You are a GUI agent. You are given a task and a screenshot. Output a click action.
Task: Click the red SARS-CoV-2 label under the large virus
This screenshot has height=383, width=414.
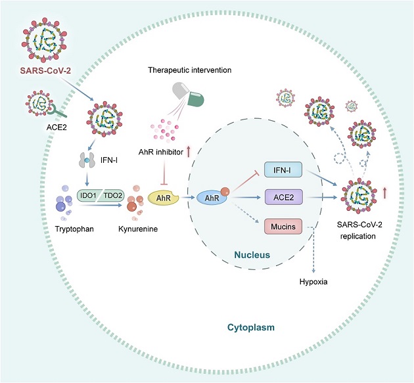point(45,70)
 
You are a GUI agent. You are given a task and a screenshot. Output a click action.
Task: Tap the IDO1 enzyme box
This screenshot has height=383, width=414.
point(88,196)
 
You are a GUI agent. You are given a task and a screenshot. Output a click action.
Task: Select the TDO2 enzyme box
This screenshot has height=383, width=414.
point(112,196)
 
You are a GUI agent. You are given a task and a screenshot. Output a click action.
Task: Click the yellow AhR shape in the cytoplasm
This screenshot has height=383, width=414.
point(163,198)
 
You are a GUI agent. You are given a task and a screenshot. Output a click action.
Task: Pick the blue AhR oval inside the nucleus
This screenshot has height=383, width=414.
point(212,198)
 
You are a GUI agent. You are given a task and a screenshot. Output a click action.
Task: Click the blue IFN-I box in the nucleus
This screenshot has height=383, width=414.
point(283,169)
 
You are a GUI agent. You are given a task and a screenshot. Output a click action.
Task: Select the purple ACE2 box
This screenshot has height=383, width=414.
point(284,197)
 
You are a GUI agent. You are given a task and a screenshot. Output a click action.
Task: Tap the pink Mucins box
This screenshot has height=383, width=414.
point(283,226)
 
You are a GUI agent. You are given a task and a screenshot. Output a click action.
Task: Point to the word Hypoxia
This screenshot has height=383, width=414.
point(313,282)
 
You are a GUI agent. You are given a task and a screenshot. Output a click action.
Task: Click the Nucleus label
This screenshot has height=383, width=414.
point(252,255)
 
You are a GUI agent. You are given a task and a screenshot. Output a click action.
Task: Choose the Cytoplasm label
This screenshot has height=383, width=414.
point(251,327)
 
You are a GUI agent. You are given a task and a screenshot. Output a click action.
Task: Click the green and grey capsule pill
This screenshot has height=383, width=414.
point(188,95)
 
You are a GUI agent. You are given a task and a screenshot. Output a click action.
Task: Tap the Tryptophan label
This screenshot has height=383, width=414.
point(74,229)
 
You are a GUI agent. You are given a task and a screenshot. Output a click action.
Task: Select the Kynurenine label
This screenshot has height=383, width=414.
point(138,229)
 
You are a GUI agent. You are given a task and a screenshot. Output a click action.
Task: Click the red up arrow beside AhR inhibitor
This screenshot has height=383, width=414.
point(189,152)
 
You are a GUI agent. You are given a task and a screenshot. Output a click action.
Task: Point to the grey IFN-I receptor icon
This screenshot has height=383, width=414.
point(87,160)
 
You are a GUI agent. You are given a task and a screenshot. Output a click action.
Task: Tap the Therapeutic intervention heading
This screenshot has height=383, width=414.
point(189,70)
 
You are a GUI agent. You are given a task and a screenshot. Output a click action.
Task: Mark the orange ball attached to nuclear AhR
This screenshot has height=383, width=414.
point(225,192)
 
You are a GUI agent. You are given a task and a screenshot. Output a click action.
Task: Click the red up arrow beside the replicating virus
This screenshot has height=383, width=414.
point(384,193)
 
